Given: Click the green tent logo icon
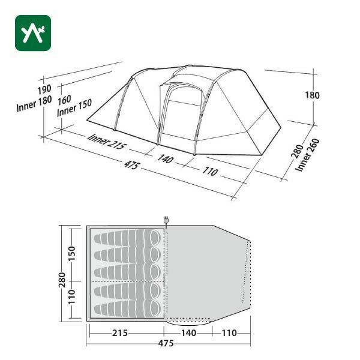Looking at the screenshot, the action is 33,33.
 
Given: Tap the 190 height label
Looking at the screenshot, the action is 44,89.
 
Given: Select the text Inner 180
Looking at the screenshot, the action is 34,104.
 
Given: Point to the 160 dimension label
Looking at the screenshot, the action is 64,100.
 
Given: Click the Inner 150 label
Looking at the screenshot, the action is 74,107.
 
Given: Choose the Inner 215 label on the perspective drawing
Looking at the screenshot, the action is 107,142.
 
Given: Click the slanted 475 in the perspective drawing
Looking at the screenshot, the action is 132,164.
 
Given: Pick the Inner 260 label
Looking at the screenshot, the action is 307,155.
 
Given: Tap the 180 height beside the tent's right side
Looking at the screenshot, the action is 312,95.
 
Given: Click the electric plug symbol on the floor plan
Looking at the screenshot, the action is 166,220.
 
